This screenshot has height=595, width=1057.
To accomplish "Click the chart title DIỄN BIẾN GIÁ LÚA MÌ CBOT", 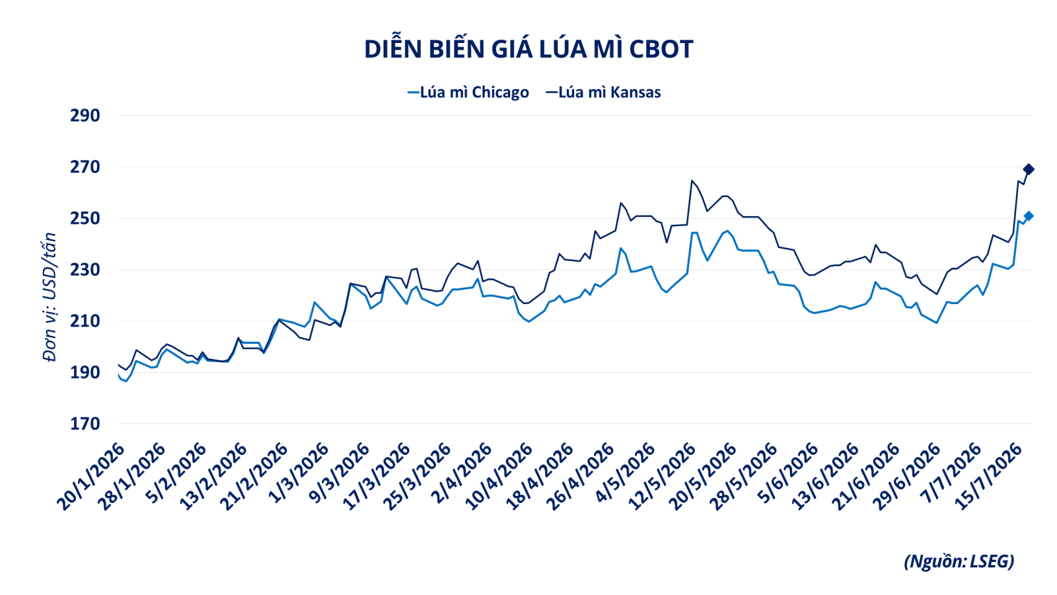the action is click(528, 49).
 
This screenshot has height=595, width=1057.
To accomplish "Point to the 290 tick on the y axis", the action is click(85, 116).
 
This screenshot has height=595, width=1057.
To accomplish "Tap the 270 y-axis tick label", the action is click(85, 167).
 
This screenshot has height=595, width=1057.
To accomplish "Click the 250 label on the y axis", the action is click(85, 219).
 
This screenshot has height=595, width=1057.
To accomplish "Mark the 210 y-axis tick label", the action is click(85, 321).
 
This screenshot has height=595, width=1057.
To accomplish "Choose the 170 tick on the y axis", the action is click(85, 424).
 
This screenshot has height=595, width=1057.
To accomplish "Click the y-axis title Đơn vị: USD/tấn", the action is click(49, 297).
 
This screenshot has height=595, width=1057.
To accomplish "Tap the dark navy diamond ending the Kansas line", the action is click(1028, 169).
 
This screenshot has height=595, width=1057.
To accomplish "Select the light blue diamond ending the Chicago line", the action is click(1028, 216).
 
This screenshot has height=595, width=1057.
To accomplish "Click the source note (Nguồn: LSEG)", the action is click(959, 561).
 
